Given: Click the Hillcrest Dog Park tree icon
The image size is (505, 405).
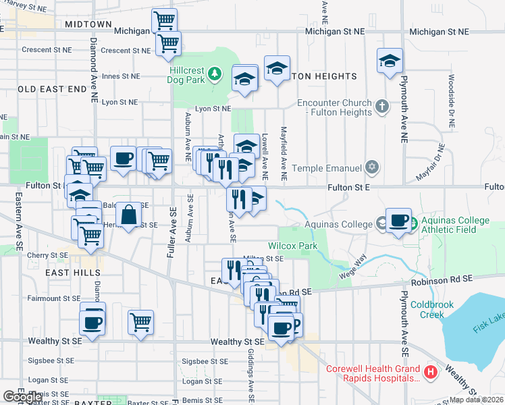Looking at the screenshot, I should (x=215, y=73).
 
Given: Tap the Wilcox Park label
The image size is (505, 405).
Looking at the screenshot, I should (x=292, y=246).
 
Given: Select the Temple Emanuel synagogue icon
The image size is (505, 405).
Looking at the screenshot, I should (x=371, y=166).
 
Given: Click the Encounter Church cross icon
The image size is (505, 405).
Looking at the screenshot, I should (x=381, y=106).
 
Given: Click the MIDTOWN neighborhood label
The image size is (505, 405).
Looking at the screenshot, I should (x=88, y=24).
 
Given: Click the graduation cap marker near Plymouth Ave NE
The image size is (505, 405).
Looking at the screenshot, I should (x=390, y=61).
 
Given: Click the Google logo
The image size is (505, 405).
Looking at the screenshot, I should (x=22, y=397).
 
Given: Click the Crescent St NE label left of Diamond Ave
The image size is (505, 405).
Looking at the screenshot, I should (x=47, y=50).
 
